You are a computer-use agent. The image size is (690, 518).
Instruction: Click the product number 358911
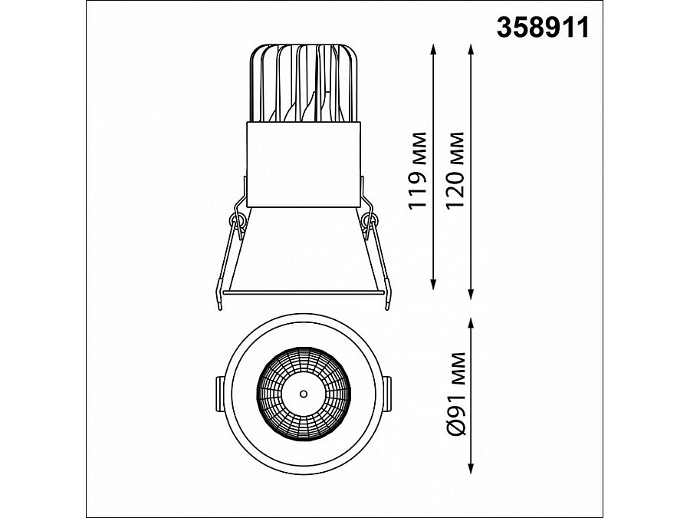point(543,28)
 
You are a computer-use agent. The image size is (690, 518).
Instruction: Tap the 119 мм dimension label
point(418,170)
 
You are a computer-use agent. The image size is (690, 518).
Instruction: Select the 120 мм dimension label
point(455,170)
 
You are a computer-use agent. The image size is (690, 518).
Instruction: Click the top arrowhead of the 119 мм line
point(433,49)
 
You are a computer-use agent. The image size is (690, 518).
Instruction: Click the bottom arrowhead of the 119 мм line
point(433,285)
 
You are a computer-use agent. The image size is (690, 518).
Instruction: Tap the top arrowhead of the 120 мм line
point(471,49)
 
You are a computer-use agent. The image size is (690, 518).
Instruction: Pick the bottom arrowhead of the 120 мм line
point(471,294)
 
